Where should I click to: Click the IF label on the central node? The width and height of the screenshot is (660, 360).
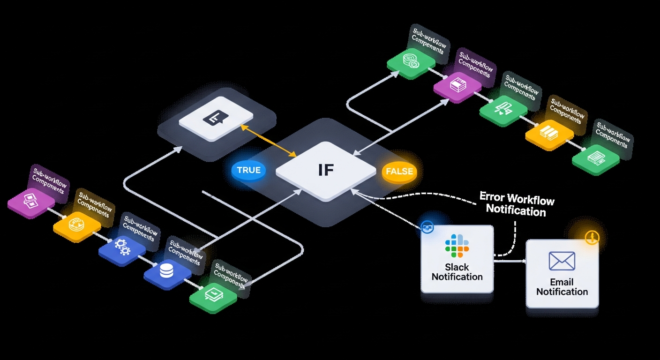pyautogui.click(x=326, y=170)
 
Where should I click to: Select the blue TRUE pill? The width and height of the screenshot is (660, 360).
pyautogui.click(x=248, y=170)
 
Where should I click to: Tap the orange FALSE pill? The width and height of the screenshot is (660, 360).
pyautogui.click(x=399, y=171)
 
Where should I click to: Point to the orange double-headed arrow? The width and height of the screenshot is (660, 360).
pyautogui.click(x=268, y=140)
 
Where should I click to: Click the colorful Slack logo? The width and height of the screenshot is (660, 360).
pyautogui.click(x=457, y=246)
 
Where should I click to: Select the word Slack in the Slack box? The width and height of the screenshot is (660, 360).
pyautogui.click(x=457, y=267)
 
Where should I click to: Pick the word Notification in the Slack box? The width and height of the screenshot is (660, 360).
pyautogui.click(x=457, y=277)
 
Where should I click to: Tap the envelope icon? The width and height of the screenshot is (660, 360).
pyautogui.click(x=562, y=261)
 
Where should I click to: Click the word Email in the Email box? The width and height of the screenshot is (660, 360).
pyautogui.click(x=562, y=282)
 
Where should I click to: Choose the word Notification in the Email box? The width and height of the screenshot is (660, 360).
pyautogui.click(x=562, y=292)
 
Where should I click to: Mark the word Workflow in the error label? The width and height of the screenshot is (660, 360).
pyautogui.click(x=531, y=200)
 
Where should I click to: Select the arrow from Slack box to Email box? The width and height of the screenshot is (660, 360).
pyautogui.click(x=510, y=261)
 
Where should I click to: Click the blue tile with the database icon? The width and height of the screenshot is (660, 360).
pyautogui.click(x=167, y=272)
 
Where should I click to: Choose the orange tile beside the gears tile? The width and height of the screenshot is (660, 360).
pyautogui.click(x=76, y=225)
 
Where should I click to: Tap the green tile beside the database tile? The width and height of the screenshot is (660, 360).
pyautogui.click(x=212, y=296)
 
